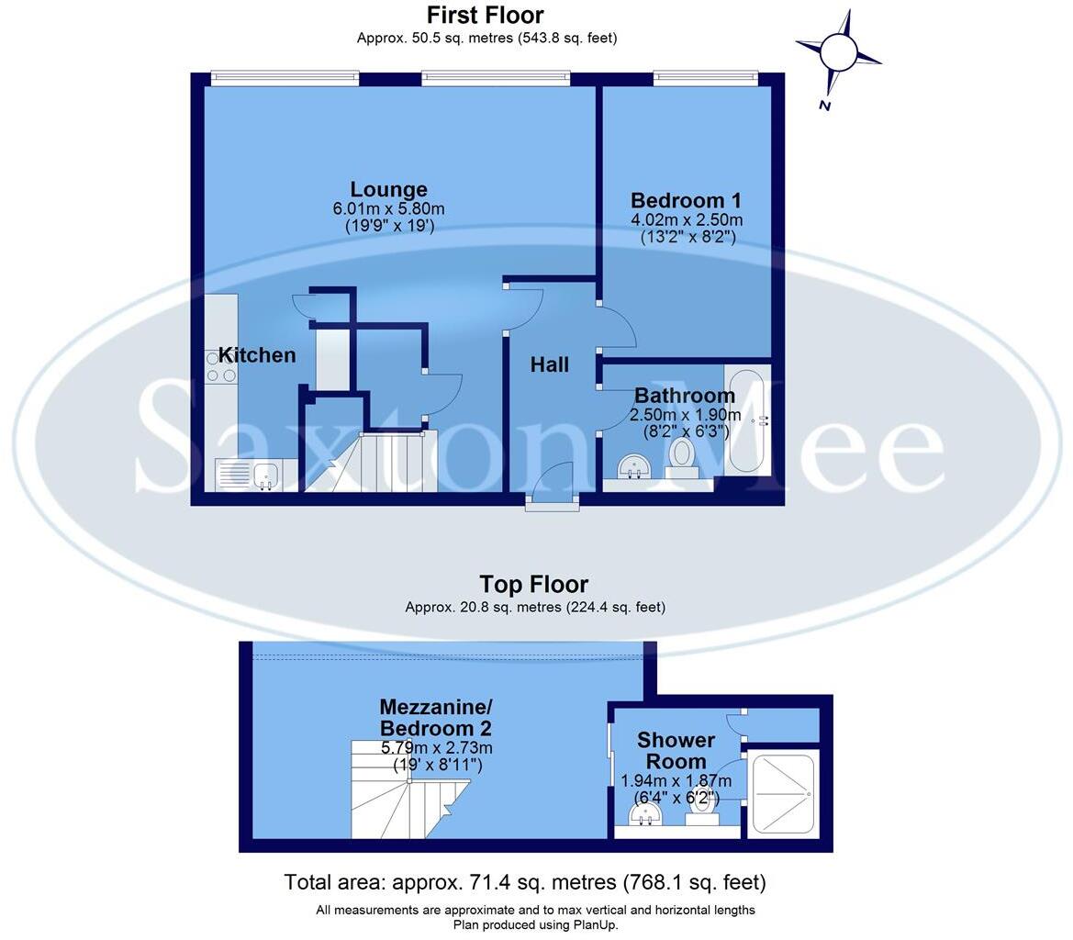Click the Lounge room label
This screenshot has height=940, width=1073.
click(388, 190)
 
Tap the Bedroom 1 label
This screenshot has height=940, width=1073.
click(686, 201)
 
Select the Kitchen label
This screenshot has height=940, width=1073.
click(257, 355)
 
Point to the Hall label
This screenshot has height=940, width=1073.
click(550, 365)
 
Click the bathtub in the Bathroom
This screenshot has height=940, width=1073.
click(747, 420)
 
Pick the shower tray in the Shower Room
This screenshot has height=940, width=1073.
click(781, 793)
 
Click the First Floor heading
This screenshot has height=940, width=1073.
click(486, 16)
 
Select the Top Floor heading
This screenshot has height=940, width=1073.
click(534, 585)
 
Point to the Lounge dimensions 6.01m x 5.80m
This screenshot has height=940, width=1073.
click(388, 209)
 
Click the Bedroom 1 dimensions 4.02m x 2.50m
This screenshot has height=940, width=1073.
click(687, 220)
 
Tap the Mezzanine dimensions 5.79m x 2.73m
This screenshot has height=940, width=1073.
click(436, 748)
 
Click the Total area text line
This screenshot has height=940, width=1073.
click(524, 883)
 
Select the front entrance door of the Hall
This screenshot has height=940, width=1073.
click(553, 486)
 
